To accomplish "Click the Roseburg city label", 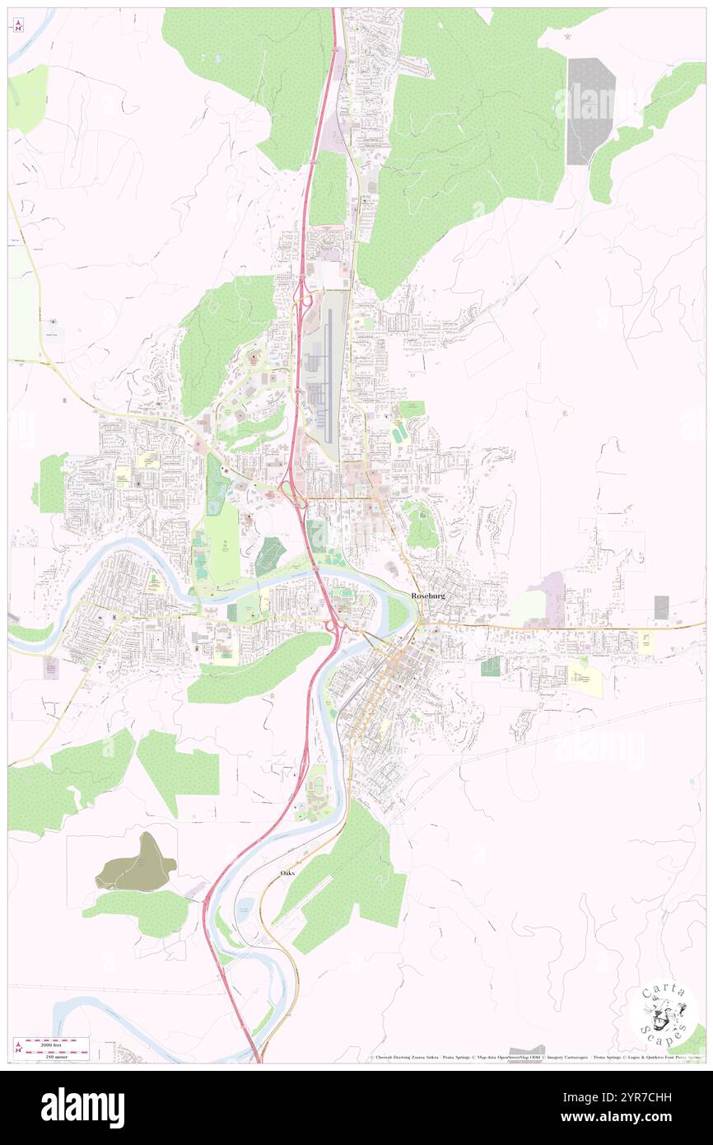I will click(428, 596).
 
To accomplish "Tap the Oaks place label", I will click(287, 872).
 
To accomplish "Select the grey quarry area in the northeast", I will click(590, 110).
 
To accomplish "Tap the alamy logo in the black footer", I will click(82, 1106).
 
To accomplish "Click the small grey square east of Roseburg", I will click(661, 607).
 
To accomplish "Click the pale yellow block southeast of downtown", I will click(585, 680).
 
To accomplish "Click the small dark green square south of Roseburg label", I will click(491, 666).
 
